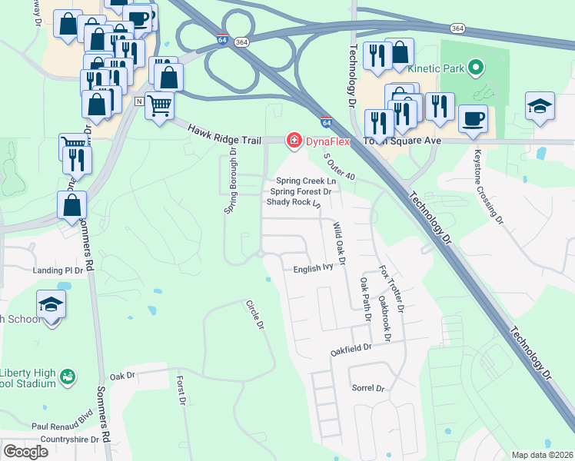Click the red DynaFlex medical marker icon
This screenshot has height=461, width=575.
(x=293, y=140)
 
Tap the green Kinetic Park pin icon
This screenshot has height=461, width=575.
(x=475, y=68)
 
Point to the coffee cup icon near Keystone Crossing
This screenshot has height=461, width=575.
(x=473, y=118)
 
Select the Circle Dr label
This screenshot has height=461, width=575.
(x=254, y=316)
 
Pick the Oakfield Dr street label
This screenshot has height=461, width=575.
(x=351, y=347)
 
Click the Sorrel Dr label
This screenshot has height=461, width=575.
(x=367, y=389)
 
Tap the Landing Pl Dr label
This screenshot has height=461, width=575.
(x=58, y=271)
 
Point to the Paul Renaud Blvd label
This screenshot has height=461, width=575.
(x=62, y=424)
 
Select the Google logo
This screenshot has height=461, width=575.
(x=25, y=452)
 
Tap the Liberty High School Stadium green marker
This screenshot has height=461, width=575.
(x=68, y=376)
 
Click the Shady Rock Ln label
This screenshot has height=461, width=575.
(x=293, y=203)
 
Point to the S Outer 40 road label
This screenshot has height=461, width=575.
(x=340, y=167)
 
